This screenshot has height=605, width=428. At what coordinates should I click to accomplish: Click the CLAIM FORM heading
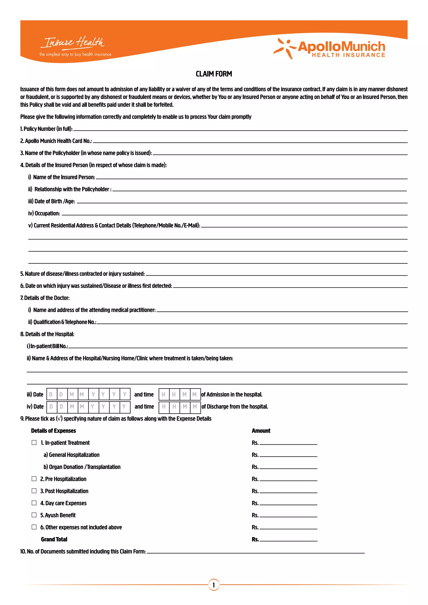click(214, 74)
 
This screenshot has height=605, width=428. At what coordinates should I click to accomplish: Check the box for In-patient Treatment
click(34, 442)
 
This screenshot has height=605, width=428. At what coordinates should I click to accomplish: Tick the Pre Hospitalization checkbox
click(34, 479)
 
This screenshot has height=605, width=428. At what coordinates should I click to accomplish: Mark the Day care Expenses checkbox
click(34, 503)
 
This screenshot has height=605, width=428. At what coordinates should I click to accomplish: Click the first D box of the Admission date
click(51, 394)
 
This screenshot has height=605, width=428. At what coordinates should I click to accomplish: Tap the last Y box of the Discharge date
click(125, 407)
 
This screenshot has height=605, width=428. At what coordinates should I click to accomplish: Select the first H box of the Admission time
click(164, 394)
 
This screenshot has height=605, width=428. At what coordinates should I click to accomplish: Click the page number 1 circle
click(214, 585)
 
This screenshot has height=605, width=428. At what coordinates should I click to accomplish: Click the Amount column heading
click(261, 431)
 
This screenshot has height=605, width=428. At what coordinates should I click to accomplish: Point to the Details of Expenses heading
click(53, 431)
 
